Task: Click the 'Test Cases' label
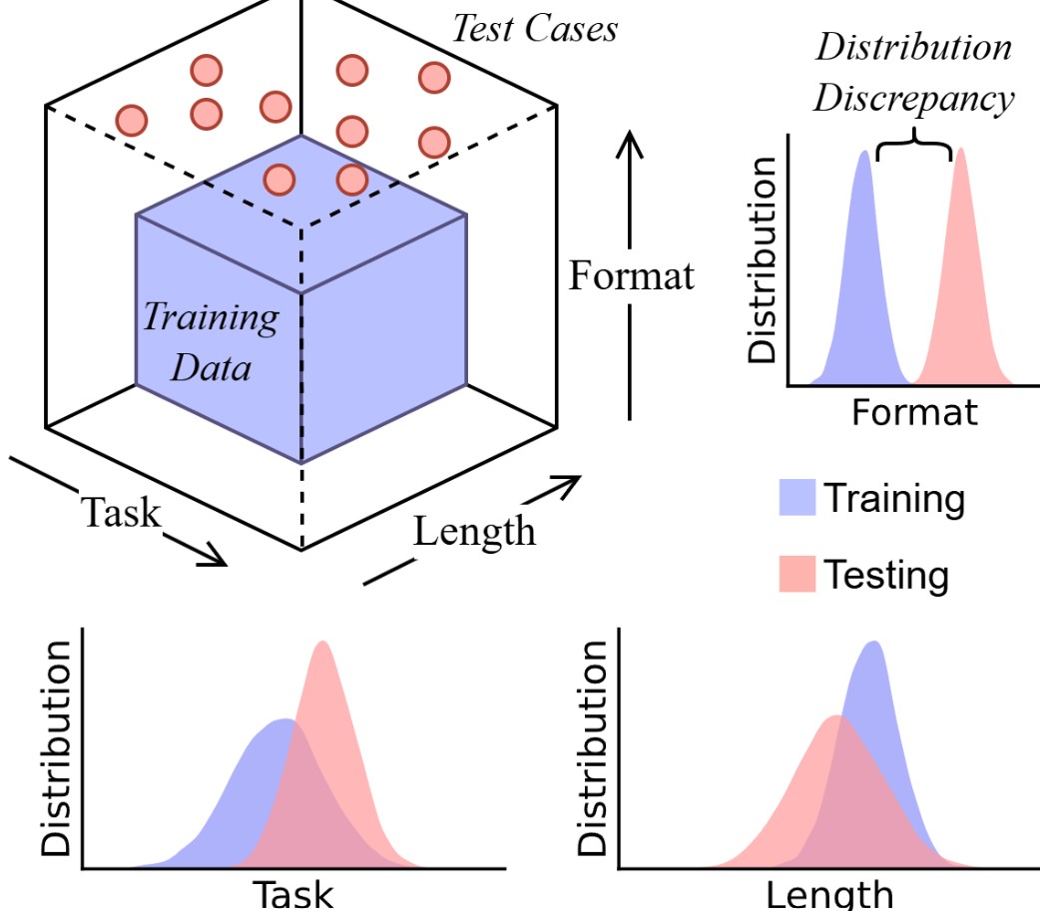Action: (x=535, y=29)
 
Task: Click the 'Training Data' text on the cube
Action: (x=212, y=342)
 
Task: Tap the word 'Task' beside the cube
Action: (x=121, y=513)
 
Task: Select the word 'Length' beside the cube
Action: (x=474, y=532)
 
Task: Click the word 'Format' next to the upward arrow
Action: (x=632, y=275)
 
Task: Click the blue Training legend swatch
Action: (x=797, y=497)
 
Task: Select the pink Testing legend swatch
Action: (x=797, y=574)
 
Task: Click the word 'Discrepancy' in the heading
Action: (x=914, y=99)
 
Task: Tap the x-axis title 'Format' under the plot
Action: (x=914, y=412)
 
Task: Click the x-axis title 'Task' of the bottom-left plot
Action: (x=293, y=894)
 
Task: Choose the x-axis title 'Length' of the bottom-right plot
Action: (x=829, y=894)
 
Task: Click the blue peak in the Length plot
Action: (x=875, y=643)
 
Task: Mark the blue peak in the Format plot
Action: (x=865, y=152)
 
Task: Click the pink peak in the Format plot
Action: (x=960, y=150)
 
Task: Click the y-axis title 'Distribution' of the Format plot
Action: (x=763, y=259)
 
